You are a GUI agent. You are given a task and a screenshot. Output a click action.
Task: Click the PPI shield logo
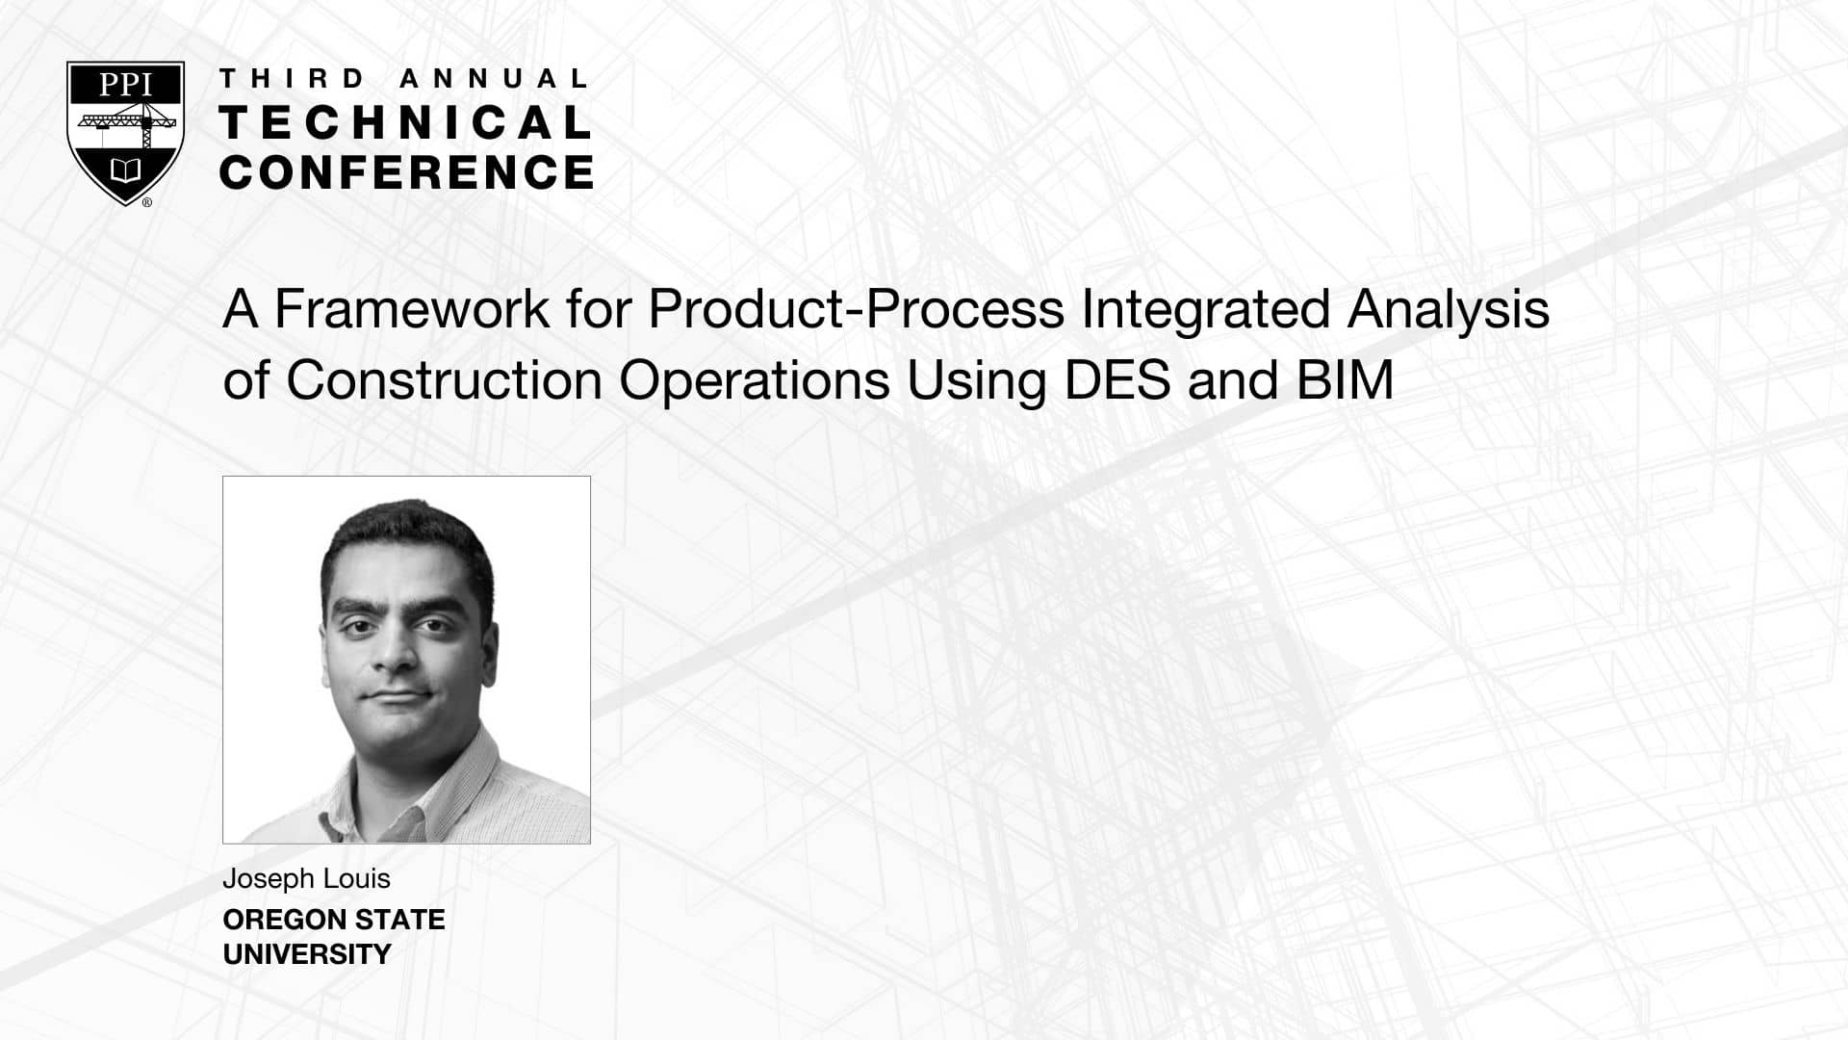[x=125, y=134]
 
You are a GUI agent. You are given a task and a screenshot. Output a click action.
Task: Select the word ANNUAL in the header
[x=493, y=79]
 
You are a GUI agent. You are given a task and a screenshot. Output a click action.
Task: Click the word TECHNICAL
[x=405, y=122]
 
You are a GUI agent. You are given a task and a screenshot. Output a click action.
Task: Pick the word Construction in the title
[x=444, y=380]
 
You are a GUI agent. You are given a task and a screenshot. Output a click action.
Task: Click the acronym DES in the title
[x=1117, y=380]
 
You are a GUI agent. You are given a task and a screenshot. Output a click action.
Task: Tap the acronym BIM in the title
[x=1345, y=380]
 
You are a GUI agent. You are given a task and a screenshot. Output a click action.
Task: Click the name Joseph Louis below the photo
[x=306, y=879]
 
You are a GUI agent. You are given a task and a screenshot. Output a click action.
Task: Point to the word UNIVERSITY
[x=307, y=954]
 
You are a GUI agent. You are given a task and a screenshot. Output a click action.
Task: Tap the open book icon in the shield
[x=125, y=171]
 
